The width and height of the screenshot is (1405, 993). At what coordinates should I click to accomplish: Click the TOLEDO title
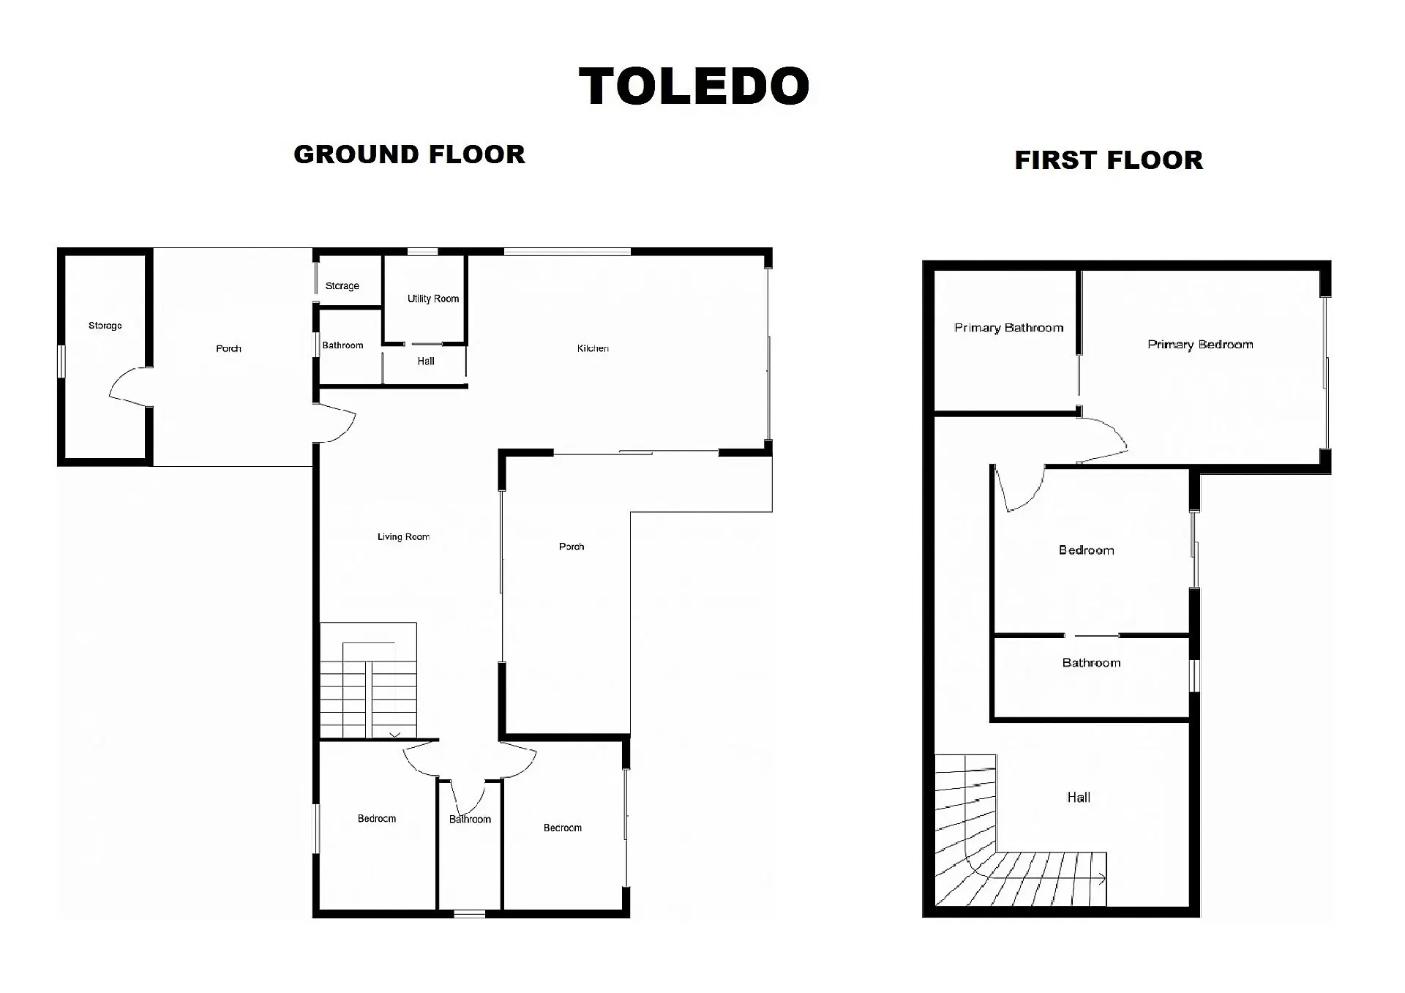(694, 86)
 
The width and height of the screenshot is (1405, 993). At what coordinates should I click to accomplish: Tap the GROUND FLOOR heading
(409, 154)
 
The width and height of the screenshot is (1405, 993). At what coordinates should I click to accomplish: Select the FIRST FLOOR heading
(1109, 160)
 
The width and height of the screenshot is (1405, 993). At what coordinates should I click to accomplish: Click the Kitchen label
(593, 348)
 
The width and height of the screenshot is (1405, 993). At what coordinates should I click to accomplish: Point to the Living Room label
(403, 537)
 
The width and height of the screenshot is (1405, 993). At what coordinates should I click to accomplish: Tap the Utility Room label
(433, 299)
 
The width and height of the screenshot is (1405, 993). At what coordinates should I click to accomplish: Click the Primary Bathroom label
(1008, 328)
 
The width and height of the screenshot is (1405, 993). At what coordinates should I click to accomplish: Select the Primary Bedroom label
(1200, 345)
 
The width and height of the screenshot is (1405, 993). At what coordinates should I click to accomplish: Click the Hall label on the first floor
(1079, 798)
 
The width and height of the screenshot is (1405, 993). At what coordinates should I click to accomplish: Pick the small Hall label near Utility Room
(426, 361)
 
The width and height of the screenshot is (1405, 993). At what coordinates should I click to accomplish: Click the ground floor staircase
(369, 681)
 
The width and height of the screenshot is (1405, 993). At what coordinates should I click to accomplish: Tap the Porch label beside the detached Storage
(228, 348)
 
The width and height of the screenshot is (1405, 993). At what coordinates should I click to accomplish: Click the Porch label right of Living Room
(572, 547)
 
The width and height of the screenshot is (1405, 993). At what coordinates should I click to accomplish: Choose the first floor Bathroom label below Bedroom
(1091, 663)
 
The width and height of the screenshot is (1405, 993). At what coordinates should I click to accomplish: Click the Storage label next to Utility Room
(342, 286)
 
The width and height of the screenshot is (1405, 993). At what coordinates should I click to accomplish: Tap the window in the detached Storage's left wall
(61, 361)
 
